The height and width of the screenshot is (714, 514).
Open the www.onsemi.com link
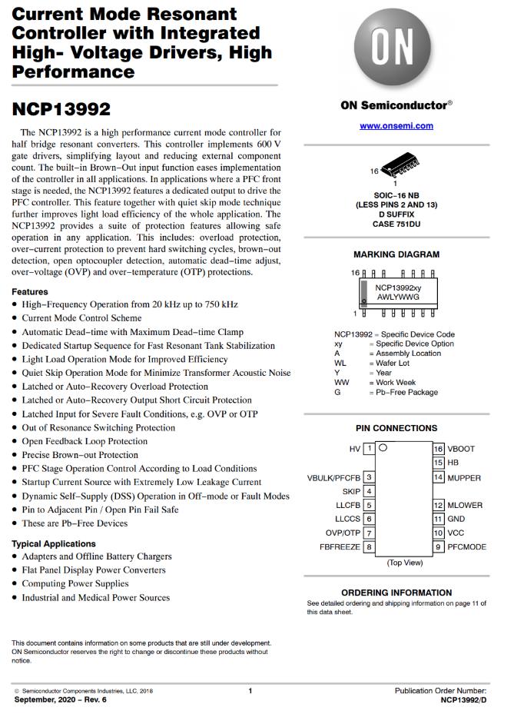click(x=396, y=125)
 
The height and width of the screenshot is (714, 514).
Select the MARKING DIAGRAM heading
click(x=396, y=254)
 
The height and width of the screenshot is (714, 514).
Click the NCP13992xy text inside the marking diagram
click(x=398, y=287)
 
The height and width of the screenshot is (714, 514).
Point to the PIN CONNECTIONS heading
click(x=396, y=428)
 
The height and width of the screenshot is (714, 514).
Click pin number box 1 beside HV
click(x=369, y=448)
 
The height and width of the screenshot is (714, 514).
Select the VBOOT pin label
click(x=462, y=448)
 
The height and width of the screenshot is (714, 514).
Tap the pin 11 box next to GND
click(x=439, y=519)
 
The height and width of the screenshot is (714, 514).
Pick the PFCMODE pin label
click(x=467, y=546)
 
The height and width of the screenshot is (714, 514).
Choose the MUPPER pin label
click(x=465, y=477)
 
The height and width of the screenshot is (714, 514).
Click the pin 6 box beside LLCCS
click(x=369, y=519)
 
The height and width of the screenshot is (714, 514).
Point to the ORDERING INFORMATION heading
click(x=396, y=593)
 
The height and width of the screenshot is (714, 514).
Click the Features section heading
click(x=30, y=292)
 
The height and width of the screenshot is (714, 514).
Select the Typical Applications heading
click(x=54, y=543)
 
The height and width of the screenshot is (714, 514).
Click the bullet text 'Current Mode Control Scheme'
click(x=81, y=318)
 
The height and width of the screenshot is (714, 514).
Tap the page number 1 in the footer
click(x=250, y=691)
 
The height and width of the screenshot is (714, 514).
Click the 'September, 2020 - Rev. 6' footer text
click(x=60, y=700)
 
